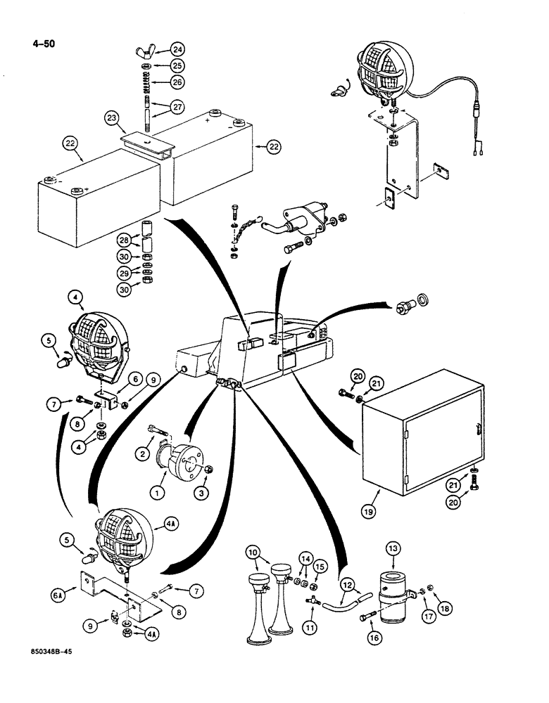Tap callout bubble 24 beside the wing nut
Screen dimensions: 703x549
click(x=177, y=50)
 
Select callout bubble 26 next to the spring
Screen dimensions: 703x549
click(x=177, y=82)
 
